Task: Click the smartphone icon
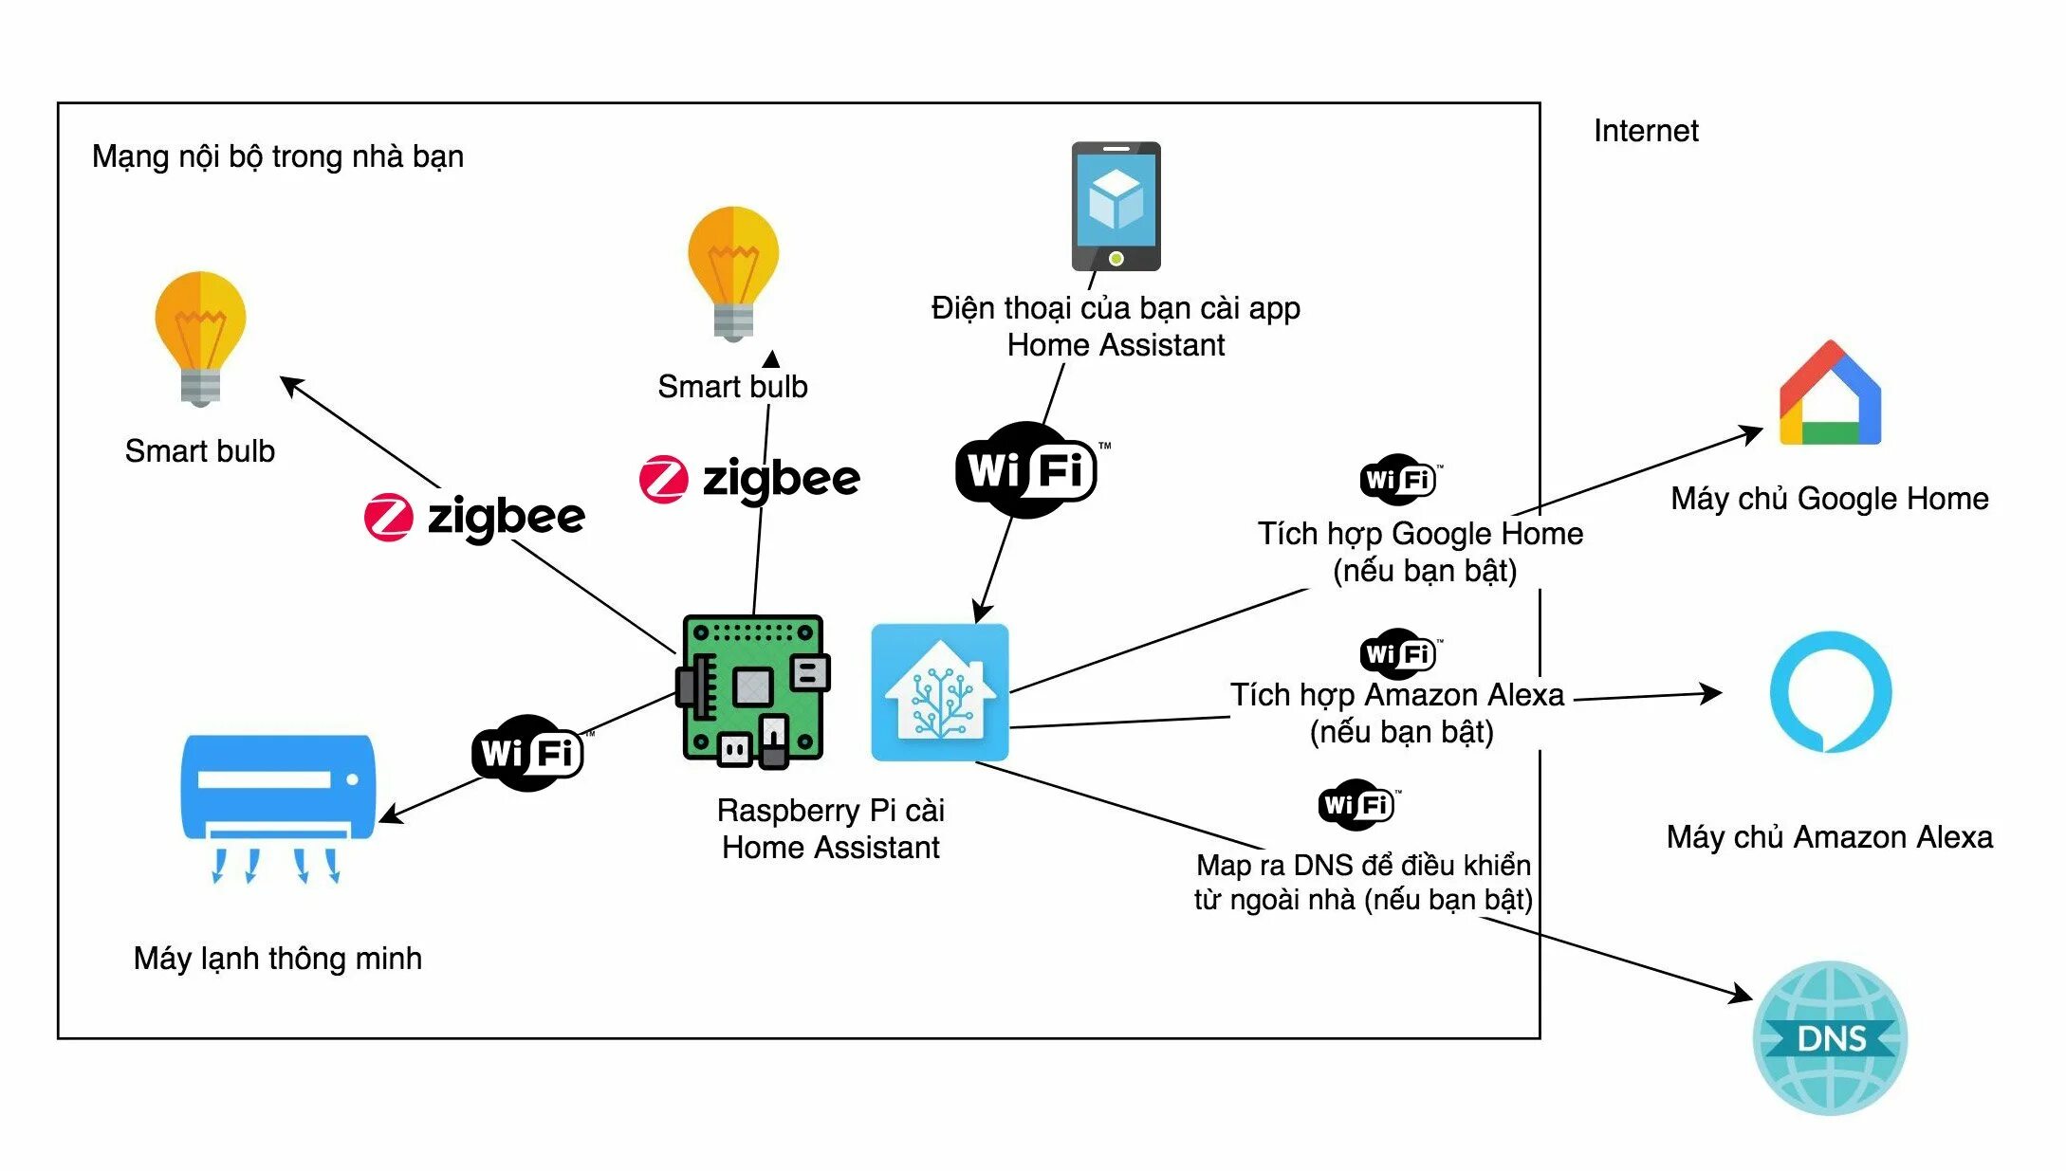tap(1116, 207)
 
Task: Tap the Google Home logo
tap(1830, 393)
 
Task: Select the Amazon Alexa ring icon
tap(1831, 692)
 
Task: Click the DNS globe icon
tap(1830, 1038)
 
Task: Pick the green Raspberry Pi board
tap(753, 690)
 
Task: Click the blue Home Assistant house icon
tap(940, 692)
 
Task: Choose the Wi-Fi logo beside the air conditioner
tap(529, 753)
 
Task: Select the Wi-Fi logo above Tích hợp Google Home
tap(1400, 480)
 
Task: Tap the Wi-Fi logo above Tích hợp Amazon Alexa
tap(1400, 653)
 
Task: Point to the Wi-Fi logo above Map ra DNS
tap(1358, 805)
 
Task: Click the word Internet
tap(1646, 131)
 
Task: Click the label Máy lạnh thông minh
tap(278, 959)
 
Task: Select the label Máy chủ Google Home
tap(1830, 499)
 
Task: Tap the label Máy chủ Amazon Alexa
tap(1830, 837)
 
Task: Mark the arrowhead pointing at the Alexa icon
tap(1710, 693)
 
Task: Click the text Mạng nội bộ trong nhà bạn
tap(278, 156)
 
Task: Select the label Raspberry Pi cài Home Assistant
tap(831, 829)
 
